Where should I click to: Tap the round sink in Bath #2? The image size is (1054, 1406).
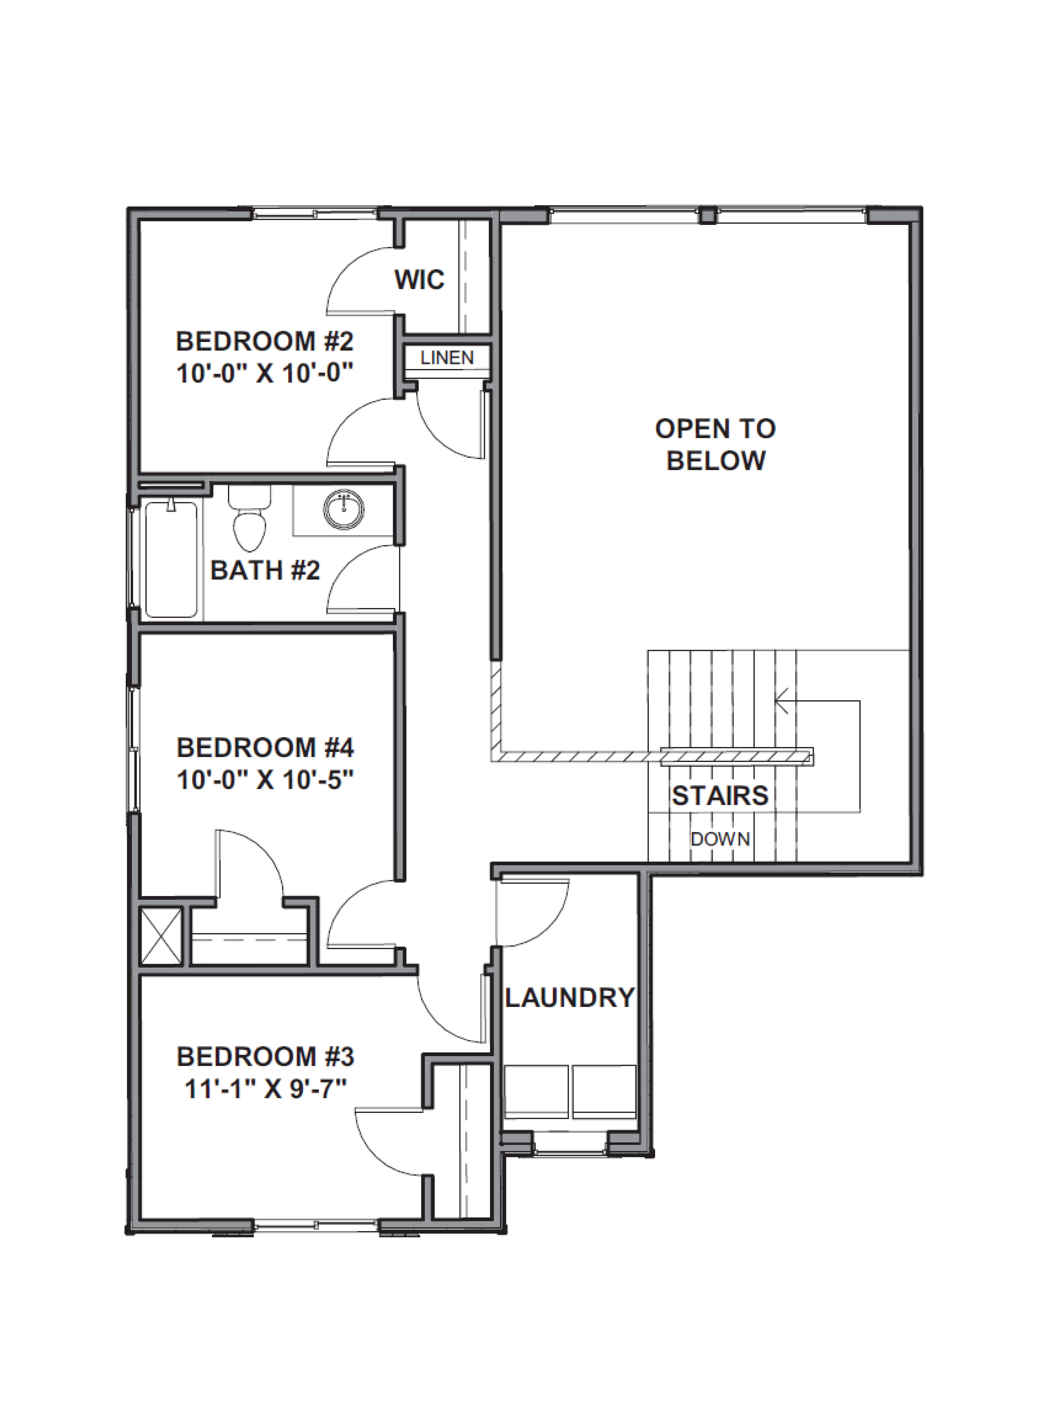(x=344, y=509)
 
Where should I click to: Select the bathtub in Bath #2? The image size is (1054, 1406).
(x=171, y=559)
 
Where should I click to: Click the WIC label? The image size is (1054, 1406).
(x=419, y=280)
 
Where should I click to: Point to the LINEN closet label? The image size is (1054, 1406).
(x=447, y=358)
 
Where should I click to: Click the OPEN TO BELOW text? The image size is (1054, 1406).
(x=715, y=444)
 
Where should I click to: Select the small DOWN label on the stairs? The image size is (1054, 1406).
(x=720, y=839)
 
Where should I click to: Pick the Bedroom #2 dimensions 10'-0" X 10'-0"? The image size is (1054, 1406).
(x=264, y=373)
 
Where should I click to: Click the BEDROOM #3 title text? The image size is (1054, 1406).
(x=265, y=1057)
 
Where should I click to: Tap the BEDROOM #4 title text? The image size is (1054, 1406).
(x=265, y=748)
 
